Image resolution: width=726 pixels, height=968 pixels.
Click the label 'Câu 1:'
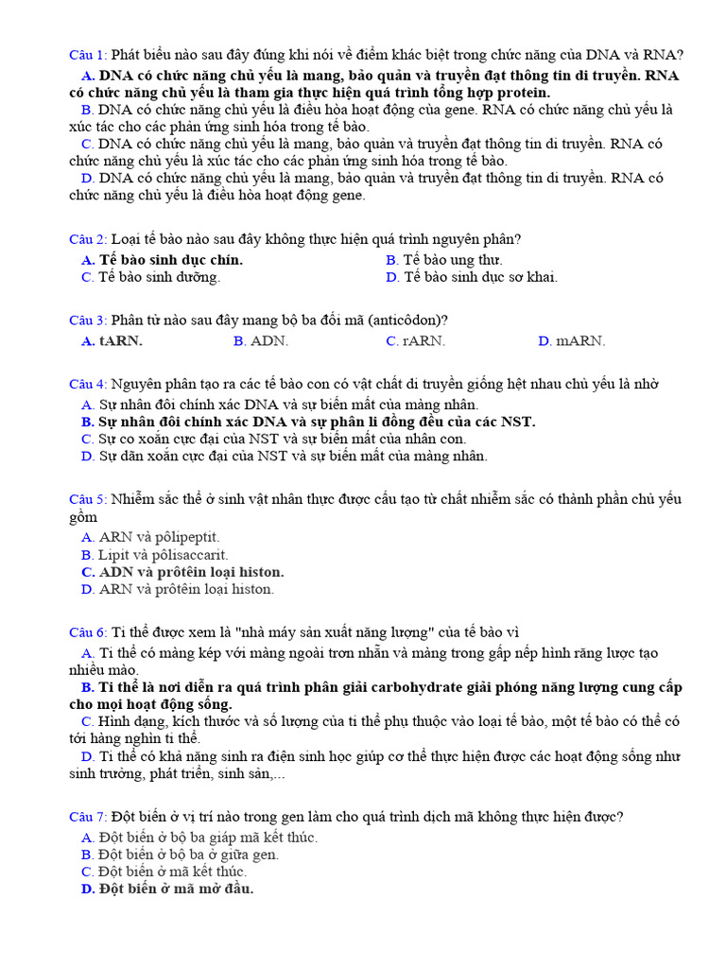point(89,55)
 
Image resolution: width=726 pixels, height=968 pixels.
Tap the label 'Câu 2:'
point(89,239)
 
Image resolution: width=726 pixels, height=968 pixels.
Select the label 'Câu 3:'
point(89,320)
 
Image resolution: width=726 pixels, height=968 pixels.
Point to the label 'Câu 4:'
point(89,384)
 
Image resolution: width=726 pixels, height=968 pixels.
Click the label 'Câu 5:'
point(89,499)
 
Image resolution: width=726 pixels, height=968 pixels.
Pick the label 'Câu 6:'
point(89,631)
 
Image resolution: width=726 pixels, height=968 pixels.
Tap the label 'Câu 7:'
point(89,817)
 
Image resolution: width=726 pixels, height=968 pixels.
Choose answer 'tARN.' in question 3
point(121,341)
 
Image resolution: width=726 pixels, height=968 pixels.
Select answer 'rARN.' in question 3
point(423,341)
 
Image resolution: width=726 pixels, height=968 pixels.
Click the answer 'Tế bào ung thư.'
point(453,260)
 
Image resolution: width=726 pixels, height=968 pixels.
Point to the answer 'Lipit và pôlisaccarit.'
point(164,555)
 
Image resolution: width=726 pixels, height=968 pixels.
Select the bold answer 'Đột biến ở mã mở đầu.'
point(176,889)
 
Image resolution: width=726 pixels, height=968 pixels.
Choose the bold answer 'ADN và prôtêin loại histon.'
point(191,572)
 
